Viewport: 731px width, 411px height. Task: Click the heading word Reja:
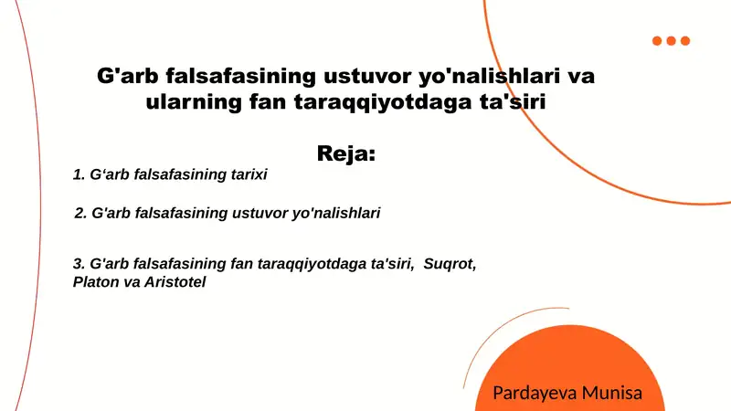(x=346, y=153)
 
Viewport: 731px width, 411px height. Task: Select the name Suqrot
(x=449, y=263)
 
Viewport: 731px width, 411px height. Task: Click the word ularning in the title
(x=188, y=102)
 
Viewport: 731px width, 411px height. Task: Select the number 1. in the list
(x=79, y=174)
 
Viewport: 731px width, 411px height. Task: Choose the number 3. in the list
(x=79, y=263)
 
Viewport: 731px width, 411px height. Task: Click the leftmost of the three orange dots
(x=658, y=40)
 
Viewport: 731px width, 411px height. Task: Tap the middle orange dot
(x=672, y=40)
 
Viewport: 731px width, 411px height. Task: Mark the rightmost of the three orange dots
(x=685, y=40)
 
